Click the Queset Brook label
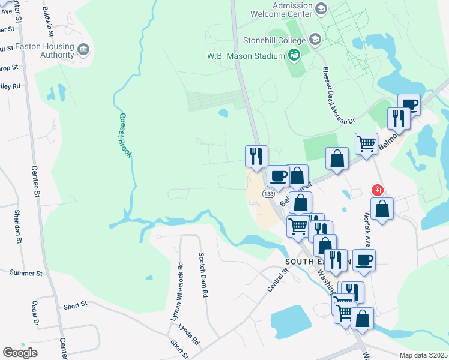pos(125,136)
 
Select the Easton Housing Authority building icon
pos(83,49)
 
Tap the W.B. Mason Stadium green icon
pos(294,56)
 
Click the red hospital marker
pos(378,190)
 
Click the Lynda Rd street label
pos(191,337)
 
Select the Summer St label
pos(26,273)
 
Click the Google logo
pos(20,353)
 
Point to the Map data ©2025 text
pos(423,355)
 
